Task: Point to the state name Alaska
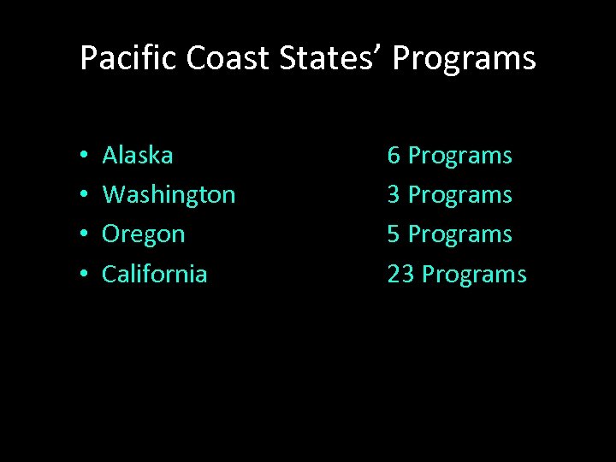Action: tap(138, 155)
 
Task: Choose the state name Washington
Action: tap(169, 195)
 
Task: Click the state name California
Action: tap(154, 274)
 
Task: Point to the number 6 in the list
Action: tap(394, 156)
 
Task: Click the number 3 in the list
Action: tap(394, 195)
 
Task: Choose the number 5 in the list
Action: tap(394, 234)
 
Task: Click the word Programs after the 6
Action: tap(460, 157)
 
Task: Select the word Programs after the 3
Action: tap(460, 196)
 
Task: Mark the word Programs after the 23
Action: tap(475, 275)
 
